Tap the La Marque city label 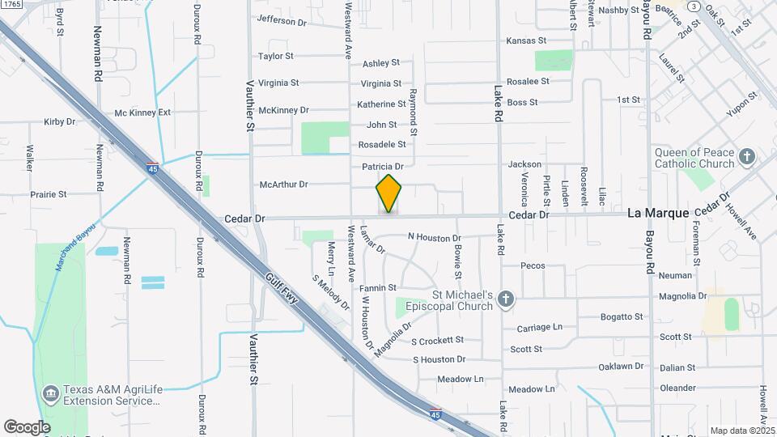tap(659, 213)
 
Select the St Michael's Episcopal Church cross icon tap(506, 299)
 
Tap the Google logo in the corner tap(27, 426)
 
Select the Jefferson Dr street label tap(282, 21)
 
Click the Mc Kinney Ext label tap(142, 112)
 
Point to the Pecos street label tap(533, 265)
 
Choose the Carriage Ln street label tap(539, 327)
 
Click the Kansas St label tap(526, 40)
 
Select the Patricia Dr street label tap(382, 167)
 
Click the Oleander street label tap(677, 388)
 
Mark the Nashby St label tap(618, 10)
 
